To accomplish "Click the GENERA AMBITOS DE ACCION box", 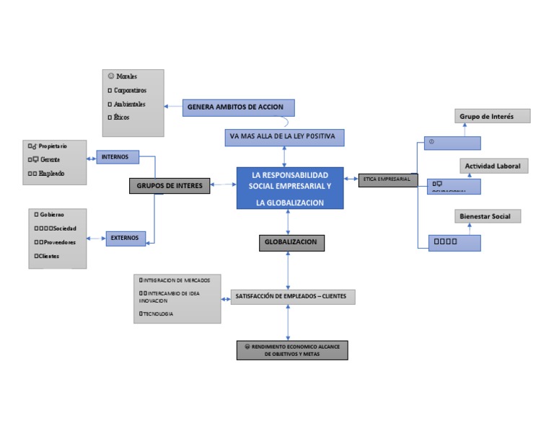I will pyautogui.click(x=238, y=107).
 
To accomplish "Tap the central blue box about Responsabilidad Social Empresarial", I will pyautogui.click(x=289, y=188).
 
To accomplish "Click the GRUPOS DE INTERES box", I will pyautogui.click(x=170, y=186).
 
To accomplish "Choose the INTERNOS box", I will pyautogui.click(x=117, y=156).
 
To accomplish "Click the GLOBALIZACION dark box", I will pyautogui.click(x=291, y=243).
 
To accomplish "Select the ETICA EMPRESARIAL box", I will pyautogui.click(x=387, y=179).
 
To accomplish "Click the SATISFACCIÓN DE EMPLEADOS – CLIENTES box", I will pyautogui.click(x=291, y=296).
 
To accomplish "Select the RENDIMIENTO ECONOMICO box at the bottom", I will pyautogui.click(x=292, y=350).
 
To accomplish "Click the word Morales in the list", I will pyautogui.click(x=126, y=76).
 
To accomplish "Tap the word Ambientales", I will pyautogui.click(x=130, y=104).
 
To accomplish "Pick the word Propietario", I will pyautogui.click(x=53, y=146).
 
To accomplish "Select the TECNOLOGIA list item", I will pyautogui.click(x=158, y=314).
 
